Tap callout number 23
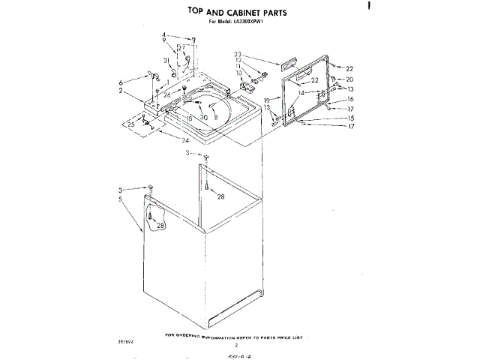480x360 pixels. tap(237, 54)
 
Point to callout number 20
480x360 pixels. tap(349, 79)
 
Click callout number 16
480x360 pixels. tap(349, 99)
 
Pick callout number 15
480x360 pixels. tap(349, 118)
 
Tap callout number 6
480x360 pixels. tap(120, 82)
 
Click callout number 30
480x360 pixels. tap(202, 118)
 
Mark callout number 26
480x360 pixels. tap(168, 95)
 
